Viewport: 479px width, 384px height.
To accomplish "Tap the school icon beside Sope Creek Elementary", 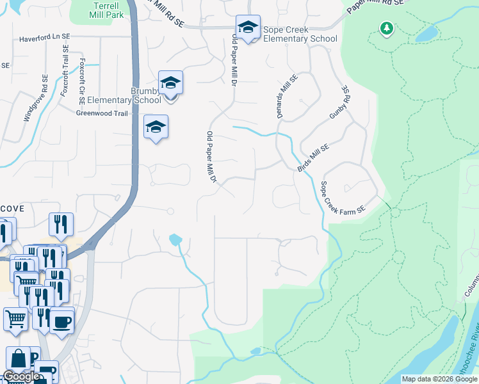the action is pyautogui.click(x=248, y=28).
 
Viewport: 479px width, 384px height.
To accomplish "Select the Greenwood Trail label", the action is pyautogui.click(x=102, y=113).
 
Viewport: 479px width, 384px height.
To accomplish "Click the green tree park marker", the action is pyautogui.click(x=386, y=28).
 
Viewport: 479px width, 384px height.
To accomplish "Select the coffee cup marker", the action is pyautogui.click(x=61, y=321).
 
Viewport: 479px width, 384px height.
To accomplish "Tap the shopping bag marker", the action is pyautogui.click(x=19, y=359).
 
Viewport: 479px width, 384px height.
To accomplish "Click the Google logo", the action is pyautogui.click(x=21, y=376).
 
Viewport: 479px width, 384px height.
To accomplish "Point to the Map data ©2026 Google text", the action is pyautogui.click(x=439, y=379).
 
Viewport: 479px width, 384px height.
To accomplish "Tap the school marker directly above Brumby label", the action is pyautogui.click(x=170, y=83).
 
